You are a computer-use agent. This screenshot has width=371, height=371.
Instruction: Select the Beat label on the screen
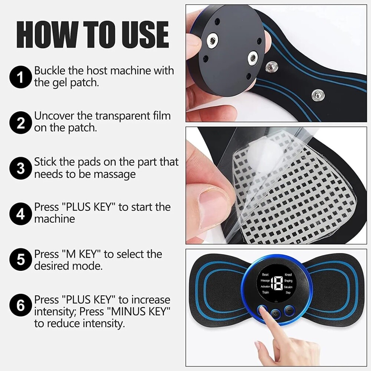point(265,275)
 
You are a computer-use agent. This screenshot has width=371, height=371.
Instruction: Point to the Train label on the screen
point(266,292)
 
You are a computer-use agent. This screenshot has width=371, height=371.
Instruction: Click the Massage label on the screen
point(265,281)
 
